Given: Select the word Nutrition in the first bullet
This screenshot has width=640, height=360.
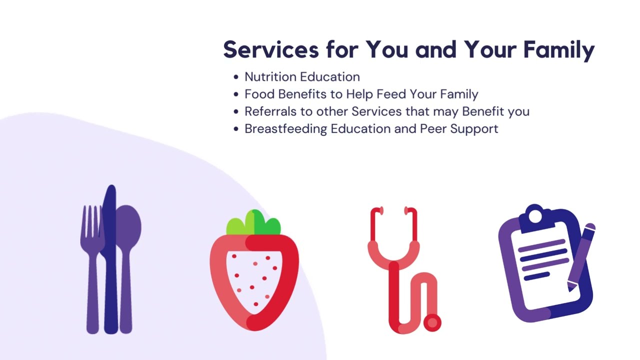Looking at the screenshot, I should pyautogui.click(x=269, y=77).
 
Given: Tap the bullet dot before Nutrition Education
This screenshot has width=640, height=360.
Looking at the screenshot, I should pyautogui.click(x=236, y=77).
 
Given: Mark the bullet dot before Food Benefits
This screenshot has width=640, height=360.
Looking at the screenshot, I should pyautogui.click(x=236, y=94).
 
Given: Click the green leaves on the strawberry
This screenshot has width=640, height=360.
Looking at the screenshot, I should pyautogui.click(x=253, y=223).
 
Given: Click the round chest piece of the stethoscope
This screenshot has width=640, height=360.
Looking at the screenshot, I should pyautogui.click(x=432, y=322).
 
